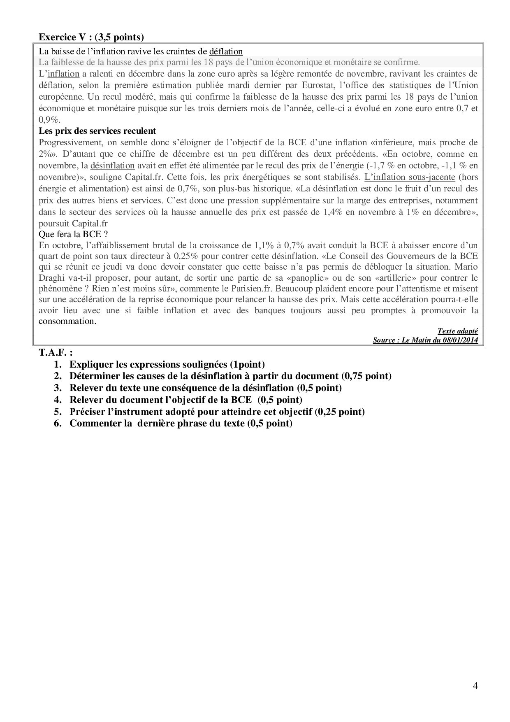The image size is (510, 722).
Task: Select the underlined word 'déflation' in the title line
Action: point(226,51)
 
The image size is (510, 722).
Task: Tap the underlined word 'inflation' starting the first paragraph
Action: point(63,74)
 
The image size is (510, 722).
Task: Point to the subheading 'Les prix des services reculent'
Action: point(97,131)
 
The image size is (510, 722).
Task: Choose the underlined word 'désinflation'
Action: point(112,165)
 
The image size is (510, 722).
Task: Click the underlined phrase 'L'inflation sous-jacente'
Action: point(410,177)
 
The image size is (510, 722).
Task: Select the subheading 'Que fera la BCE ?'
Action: point(73,234)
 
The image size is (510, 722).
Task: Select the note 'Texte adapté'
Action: point(457,331)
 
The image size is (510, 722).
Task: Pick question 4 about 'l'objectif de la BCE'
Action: point(185,400)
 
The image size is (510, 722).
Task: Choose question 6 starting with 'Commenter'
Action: point(181,423)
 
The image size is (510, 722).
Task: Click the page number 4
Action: point(475,685)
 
